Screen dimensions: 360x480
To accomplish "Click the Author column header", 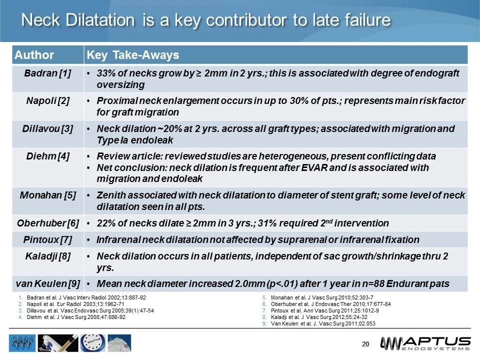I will [34, 54].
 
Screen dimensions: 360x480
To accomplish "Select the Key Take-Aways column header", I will [133, 54].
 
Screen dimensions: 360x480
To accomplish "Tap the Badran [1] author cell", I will [47, 73].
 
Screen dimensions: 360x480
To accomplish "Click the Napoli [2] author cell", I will [47, 101].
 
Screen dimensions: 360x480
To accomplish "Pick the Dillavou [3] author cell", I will [47, 128].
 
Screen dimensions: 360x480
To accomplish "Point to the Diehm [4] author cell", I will [47, 156].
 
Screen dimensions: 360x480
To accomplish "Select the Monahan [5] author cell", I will [47, 195].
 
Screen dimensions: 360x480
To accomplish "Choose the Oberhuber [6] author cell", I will [47, 222].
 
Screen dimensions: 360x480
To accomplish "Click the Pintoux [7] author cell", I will [47, 239].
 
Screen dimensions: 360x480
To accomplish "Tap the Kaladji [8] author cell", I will [47, 256].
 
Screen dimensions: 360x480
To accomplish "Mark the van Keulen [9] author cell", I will [47, 284].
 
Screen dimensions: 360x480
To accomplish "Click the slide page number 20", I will [365, 344].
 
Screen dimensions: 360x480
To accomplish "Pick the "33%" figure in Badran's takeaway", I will [106, 73].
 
